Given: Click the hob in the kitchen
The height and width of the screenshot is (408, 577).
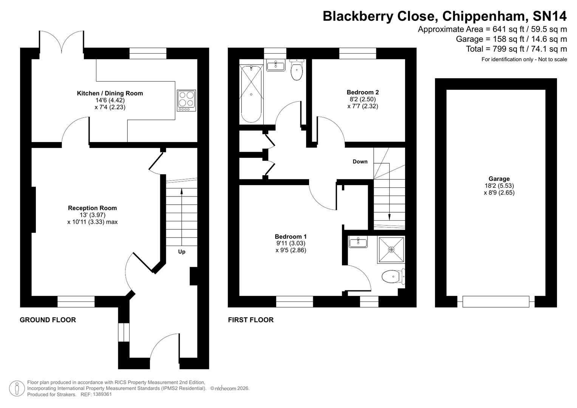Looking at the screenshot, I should click(x=186, y=100).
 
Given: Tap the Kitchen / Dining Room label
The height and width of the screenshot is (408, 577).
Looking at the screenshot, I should click(x=110, y=93).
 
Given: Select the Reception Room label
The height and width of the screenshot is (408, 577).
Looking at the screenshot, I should click(x=92, y=208).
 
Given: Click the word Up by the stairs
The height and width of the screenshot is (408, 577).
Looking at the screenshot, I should click(x=182, y=252).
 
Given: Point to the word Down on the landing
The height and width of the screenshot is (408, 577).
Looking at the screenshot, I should click(x=360, y=161).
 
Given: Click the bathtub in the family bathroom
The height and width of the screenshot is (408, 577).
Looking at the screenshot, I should click(x=251, y=94).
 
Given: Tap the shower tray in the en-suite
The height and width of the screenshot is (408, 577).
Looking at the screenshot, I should click(x=391, y=250).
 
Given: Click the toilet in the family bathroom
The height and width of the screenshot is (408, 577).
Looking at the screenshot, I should click(x=297, y=70).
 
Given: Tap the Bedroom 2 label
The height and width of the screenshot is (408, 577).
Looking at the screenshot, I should click(x=362, y=92).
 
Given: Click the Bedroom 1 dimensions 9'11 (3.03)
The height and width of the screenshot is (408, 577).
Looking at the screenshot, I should click(x=290, y=243).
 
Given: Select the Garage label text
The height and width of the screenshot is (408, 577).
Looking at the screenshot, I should click(x=499, y=179).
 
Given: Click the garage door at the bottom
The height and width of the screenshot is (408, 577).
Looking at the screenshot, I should click(x=496, y=301).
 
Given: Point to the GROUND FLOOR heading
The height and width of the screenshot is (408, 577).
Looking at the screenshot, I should click(x=48, y=320).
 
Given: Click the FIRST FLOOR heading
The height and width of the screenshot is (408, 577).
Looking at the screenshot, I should click(x=251, y=320).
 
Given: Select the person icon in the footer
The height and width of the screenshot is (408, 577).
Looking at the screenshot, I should click(x=17, y=388).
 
